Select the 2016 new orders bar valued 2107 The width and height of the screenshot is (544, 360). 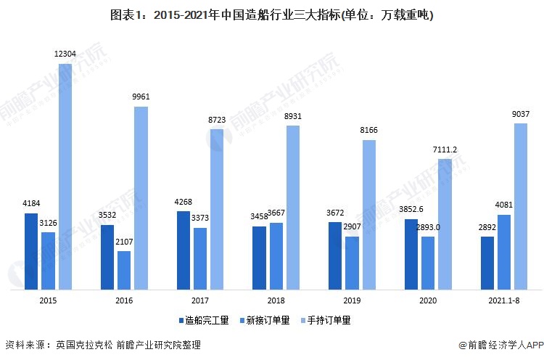tap(124, 270)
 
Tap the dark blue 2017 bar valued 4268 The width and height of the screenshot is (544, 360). tap(184, 250)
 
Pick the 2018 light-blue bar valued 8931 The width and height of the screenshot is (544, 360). tap(292, 208)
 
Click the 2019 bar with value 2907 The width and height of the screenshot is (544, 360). tap(352, 262)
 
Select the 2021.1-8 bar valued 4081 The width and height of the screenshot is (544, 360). tap(504, 251)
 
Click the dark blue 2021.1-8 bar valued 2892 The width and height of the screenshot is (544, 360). tap(487, 262)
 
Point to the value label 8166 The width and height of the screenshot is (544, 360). tap(368, 131)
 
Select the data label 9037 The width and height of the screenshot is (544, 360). tap(521, 115)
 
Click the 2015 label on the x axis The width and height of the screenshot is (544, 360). tap(49, 300)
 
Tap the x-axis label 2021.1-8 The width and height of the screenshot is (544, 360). tap(504, 300)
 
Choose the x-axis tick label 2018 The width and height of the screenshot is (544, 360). tap(276, 300)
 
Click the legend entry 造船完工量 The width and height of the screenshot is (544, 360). tap(205, 319)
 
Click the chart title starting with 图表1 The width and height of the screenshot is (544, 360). tap(271, 15)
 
